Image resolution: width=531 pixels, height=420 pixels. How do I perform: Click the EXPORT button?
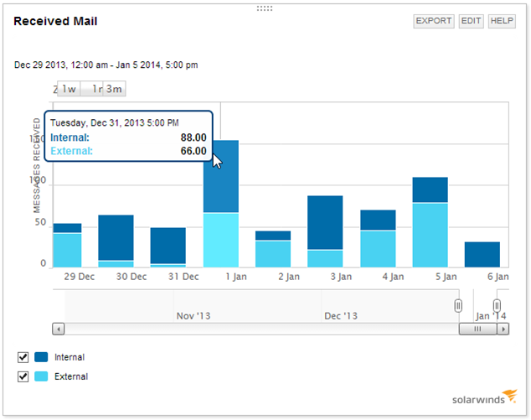(434, 21)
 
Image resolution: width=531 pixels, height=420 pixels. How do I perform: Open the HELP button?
(502, 21)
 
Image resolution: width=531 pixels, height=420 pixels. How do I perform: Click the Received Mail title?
(55, 20)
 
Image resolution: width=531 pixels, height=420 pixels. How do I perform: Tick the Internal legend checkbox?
(23, 357)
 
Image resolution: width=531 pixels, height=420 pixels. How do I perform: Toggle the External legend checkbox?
(23, 376)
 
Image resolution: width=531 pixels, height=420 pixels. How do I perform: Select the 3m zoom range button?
(114, 89)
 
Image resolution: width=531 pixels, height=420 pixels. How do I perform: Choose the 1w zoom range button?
(69, 89)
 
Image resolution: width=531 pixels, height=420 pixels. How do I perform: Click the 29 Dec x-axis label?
(80, 276)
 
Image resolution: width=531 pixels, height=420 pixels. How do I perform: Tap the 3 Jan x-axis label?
(340, 276)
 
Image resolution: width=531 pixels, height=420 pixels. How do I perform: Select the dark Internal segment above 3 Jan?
(325, 222)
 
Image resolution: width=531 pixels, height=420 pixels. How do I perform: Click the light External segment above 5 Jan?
(430, 235)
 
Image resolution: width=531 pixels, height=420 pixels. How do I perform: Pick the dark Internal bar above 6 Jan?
(482, 254)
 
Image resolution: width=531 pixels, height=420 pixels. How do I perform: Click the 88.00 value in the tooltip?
(193, 137)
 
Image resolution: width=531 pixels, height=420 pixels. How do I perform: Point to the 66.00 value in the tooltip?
(193, 151)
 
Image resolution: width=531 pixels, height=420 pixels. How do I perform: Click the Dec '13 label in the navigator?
(340, 316)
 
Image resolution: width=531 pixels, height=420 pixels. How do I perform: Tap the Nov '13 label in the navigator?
(193, 316)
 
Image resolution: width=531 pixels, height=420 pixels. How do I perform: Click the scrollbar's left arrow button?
(58, 329)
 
